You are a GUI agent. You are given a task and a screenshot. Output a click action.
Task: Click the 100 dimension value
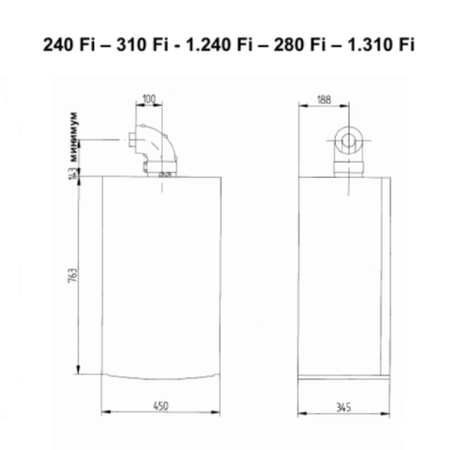click(x=149, y=98)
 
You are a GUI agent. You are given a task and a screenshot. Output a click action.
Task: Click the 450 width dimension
click(x=167, y=407)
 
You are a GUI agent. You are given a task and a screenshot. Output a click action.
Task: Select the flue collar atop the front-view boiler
click(x=166, y=174)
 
